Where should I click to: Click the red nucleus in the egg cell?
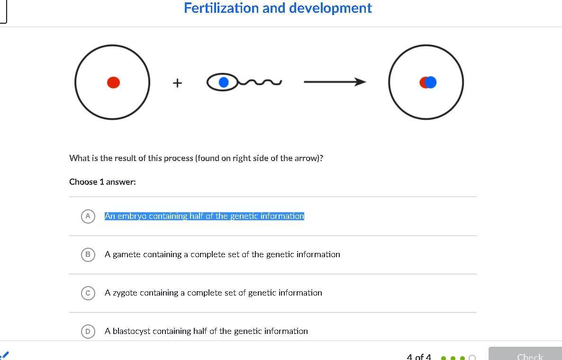click(113, 82)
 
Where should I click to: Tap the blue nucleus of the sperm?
click(223, 82)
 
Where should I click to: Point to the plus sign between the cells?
click(177, 83)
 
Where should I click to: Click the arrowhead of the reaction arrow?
click(360, 82)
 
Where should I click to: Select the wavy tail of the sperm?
click(260, 82)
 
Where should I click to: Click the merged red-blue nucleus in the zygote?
click(428, 82)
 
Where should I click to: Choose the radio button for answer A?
click(88, 216)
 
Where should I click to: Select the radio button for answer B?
click(88, 255)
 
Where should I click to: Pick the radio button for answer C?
click(88, 293)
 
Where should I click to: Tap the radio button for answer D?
click(88, 332)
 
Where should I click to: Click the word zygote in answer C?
click(125, 293)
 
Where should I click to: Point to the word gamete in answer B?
click(126, 255)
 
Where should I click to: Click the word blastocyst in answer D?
click(132, 332)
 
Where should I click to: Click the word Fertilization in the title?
click(221, 8)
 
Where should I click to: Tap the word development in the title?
click(330, 9)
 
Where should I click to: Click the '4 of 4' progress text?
click(419, 357)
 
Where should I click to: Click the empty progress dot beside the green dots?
click(472, 358)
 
